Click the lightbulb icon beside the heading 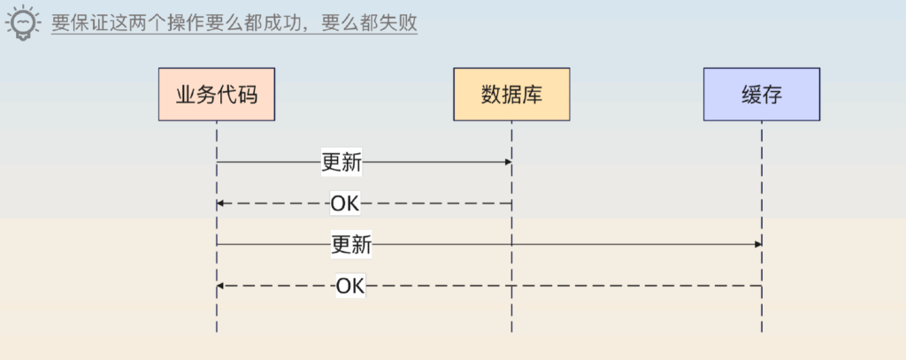(x=22, y=22)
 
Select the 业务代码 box (x=217, y=94)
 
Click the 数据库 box (x=511, y=94)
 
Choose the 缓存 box (x=762, y=94)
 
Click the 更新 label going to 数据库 (x=342, y=163)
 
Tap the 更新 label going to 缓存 (x=351, y=244)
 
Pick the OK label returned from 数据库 (x=345, y=203)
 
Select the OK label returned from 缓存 (x=350, y=286)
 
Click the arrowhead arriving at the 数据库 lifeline (x=509, y=163)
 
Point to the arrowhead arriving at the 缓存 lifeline (x=758, y=244)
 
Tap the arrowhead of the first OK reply (x=220, y=203)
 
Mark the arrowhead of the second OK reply (x=220, y=286)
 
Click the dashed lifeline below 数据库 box (x=511, y=226)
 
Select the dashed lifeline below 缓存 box (x=762, y=226)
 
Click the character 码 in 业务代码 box (x=248, y=95)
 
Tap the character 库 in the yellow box (x=532, y=95)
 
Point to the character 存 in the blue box (x=772, y=95)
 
